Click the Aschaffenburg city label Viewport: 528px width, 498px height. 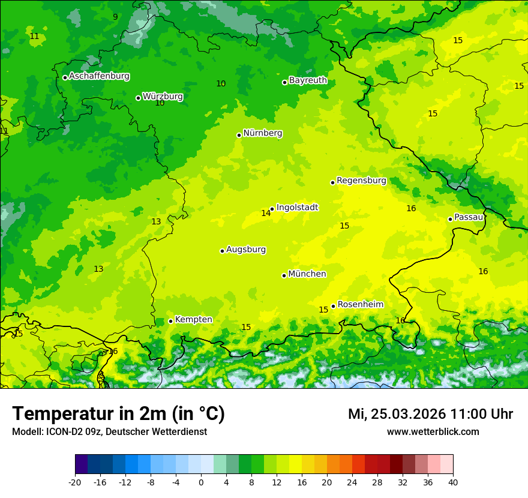pos(99,76)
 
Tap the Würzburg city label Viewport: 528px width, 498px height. pos(163,97)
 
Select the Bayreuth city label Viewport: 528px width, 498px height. pos(308,80)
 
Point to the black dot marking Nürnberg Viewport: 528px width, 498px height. pos(239,135)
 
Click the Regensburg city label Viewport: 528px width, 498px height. pos(361,181)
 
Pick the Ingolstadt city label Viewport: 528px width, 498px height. pos(297,208)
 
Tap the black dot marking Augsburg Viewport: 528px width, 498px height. pos(222,251)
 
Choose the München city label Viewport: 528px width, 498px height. pos(307,274)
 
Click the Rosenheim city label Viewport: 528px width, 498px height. pos(360,305)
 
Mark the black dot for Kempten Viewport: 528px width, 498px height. pos(170,321)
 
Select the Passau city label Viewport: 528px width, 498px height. pos(469,217)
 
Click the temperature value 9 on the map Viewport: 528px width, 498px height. pos(115,17)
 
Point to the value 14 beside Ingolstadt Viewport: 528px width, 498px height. pos(266,214)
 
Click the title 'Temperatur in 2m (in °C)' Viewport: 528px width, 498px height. pos(118,414)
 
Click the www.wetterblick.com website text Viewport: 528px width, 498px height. pos(433,432)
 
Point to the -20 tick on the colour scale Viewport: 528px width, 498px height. pos(75,482)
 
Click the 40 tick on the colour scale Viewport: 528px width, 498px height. pos(453,482)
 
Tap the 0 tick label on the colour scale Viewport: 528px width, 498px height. pos(201,482)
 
